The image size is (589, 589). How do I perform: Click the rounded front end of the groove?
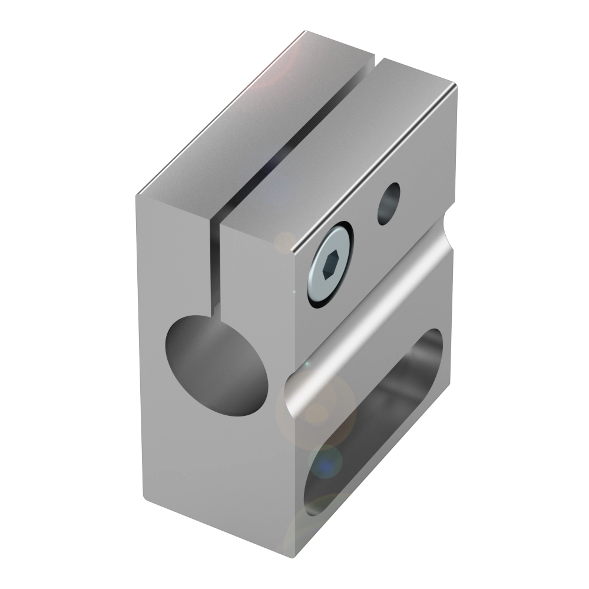point(294,392)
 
